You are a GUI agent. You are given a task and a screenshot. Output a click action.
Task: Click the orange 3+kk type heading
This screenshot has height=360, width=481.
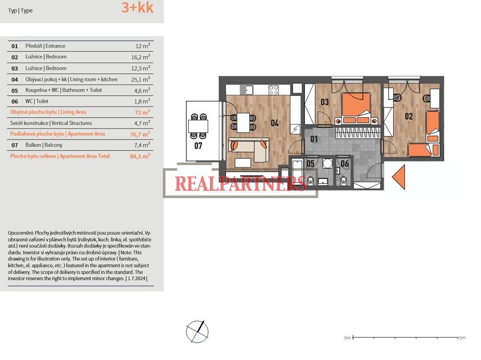tap(137, 8)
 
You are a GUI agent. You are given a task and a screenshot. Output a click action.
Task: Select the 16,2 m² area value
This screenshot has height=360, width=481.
tap(140, 57)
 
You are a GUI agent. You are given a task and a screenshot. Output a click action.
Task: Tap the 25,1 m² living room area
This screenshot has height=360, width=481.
tap(140, 79)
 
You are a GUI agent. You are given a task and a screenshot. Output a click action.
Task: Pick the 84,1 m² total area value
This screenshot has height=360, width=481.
tap(140, 156)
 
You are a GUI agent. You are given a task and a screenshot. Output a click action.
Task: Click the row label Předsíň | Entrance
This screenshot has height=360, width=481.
tap(45, 46)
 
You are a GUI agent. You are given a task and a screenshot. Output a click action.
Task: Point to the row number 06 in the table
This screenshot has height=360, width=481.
tap(15, 102)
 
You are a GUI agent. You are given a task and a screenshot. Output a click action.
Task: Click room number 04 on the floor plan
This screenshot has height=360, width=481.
tap(275, 123)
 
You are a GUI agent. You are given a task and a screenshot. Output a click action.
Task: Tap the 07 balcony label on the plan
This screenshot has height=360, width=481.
tap(198, 145)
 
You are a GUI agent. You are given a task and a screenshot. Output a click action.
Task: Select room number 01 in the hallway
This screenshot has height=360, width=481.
tap(314, 139)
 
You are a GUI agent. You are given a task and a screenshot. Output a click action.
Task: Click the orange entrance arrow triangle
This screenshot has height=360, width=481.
tap(399, 177)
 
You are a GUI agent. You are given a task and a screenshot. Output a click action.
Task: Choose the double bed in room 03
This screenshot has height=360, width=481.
tap(356, 108)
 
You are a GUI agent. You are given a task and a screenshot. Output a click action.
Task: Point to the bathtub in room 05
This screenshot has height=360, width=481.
tap(297, 171)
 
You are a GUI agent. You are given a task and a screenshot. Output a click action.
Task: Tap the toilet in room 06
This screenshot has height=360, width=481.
tap(344, 181)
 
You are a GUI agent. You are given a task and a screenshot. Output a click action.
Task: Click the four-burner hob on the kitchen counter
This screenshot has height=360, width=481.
tap(273, 90)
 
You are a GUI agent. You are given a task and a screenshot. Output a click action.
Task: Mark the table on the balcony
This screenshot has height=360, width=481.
tap(198, 126)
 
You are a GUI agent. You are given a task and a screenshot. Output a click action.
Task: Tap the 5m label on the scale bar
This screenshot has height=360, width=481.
tap(462, 338)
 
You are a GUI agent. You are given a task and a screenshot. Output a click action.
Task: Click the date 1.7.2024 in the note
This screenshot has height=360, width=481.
tap(136, 279)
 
